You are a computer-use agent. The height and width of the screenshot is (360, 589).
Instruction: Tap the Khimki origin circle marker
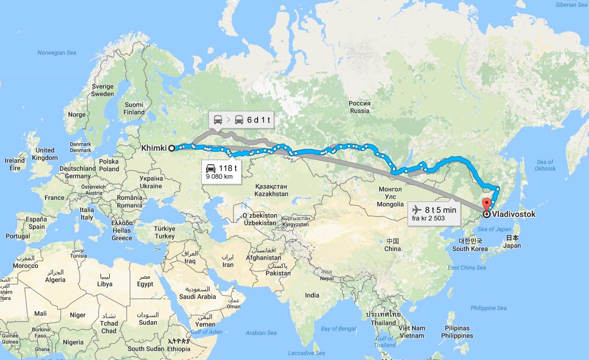point(172,148)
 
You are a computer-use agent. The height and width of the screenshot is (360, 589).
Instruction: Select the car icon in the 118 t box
point(211,168)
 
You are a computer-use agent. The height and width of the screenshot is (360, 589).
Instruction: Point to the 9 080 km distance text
point(219,177)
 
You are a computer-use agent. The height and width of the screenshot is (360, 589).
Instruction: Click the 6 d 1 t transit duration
point(259,120)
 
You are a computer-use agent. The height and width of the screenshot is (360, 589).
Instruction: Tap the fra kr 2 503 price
point(429,218)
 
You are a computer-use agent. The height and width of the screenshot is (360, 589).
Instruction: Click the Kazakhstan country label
point(271,190)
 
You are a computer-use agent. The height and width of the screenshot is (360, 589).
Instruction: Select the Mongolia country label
point(390,197)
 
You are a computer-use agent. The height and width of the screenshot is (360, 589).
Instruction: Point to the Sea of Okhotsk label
point(545,165)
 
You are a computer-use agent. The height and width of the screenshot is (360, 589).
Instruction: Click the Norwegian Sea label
point(57,53)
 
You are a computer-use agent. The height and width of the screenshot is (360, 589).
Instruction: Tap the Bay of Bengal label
point(338,329)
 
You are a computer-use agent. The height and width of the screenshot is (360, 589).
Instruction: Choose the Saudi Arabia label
point(198,293)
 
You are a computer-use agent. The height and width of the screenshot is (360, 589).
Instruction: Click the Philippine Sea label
point(489,308)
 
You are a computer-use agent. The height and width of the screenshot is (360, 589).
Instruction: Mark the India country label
point(312,295)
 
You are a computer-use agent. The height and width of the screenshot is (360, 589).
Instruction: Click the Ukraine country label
point(151,182)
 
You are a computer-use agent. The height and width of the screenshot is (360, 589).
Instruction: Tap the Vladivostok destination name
point(514,214)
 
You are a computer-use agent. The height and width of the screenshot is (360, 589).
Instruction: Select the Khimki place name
point(154,148)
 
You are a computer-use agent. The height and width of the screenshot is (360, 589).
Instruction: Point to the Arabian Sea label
point(261,333)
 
